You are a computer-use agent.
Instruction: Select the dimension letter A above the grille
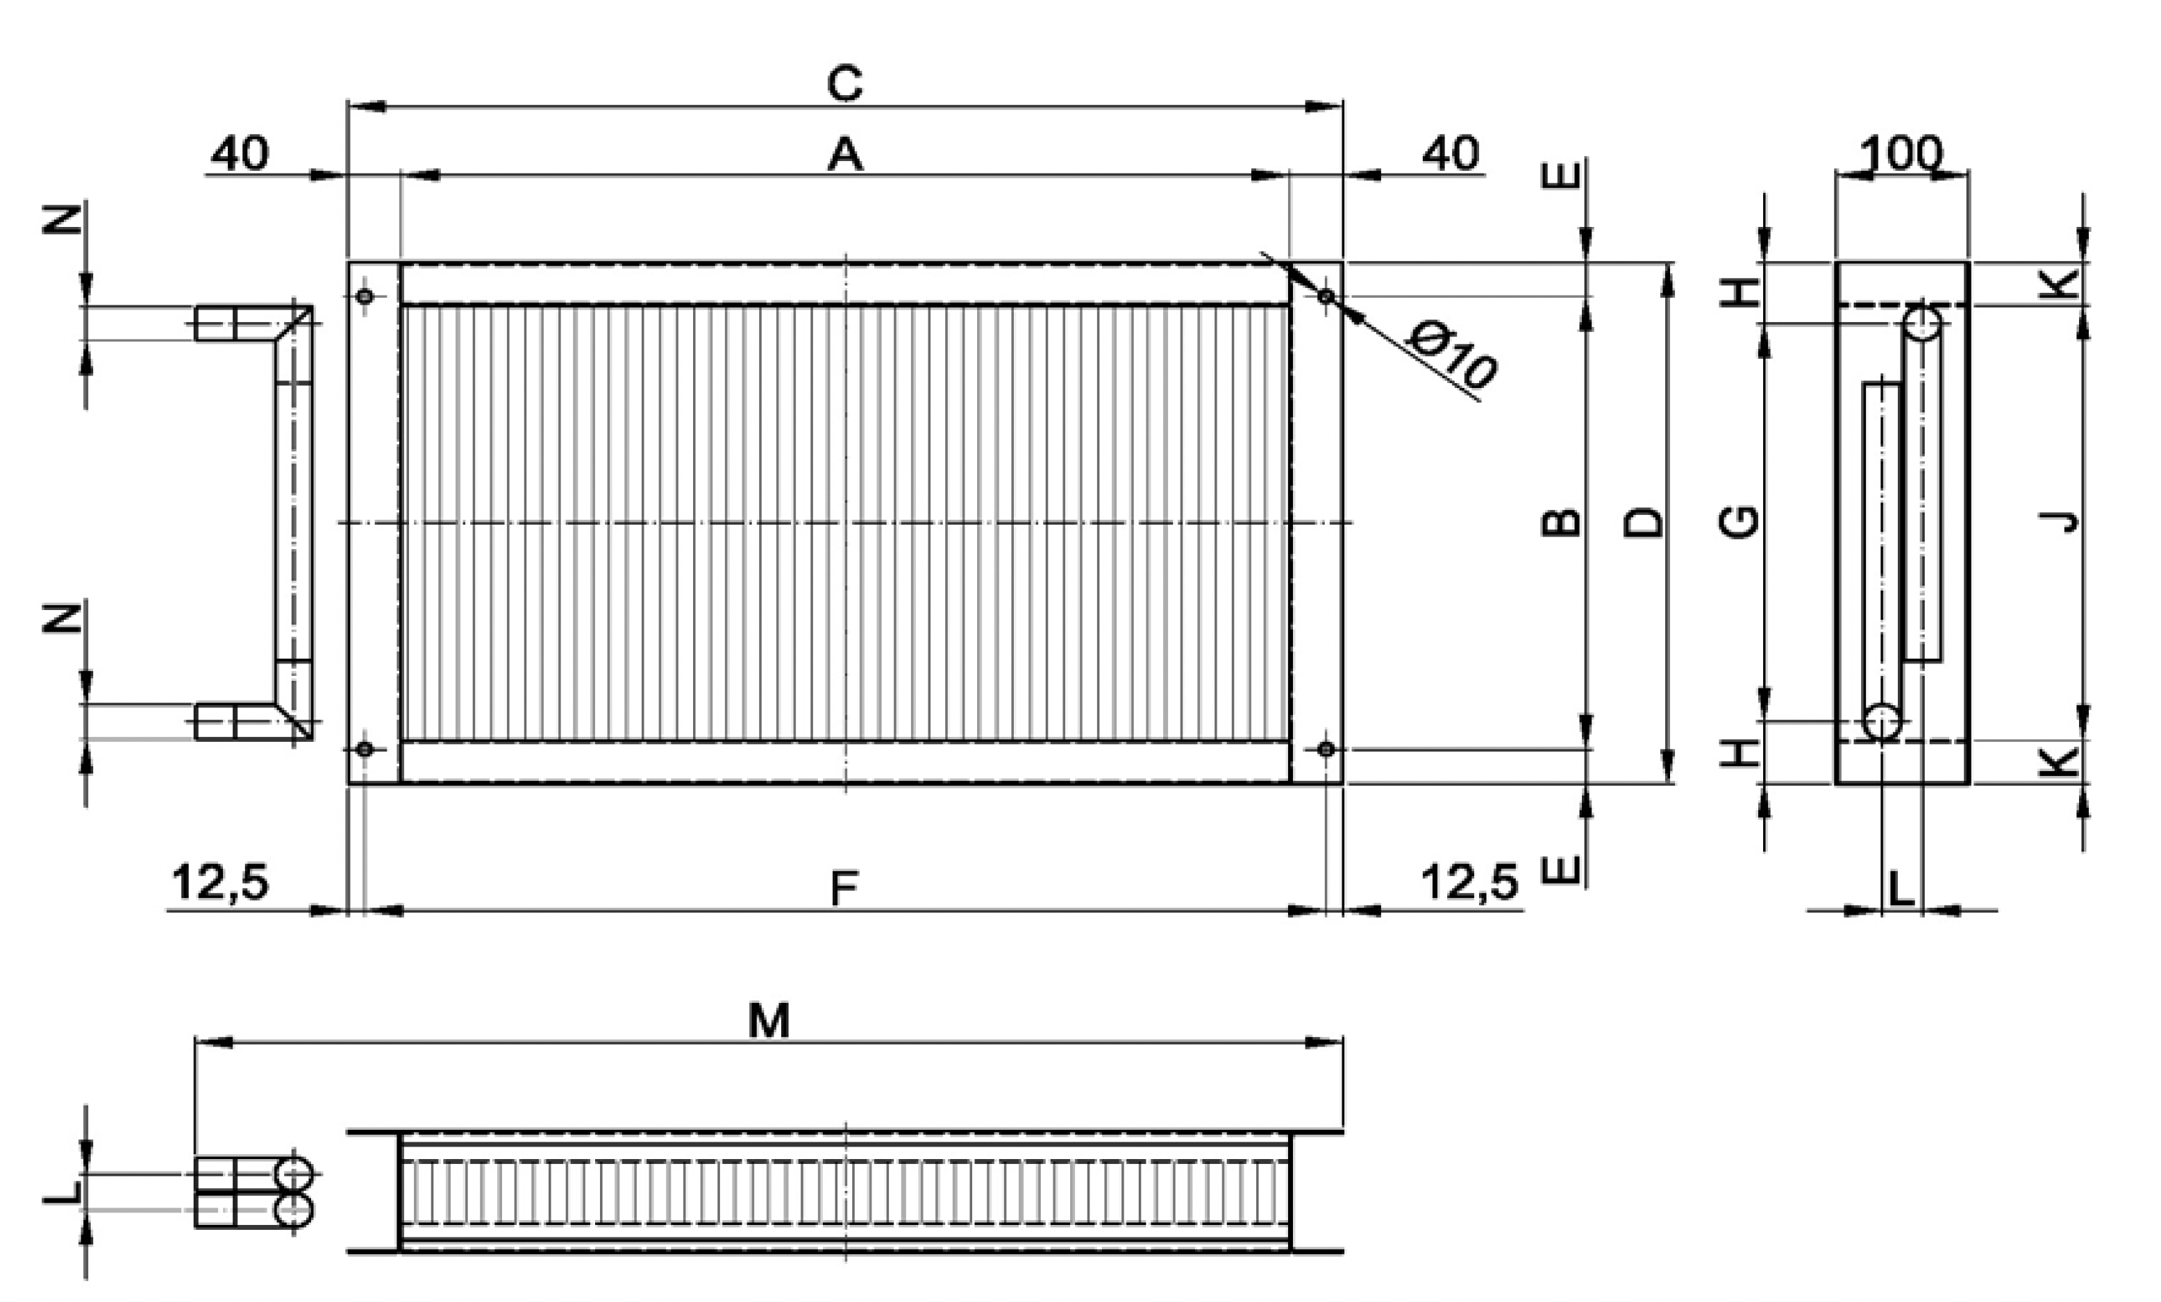click(844, 155)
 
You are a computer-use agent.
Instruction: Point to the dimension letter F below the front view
click(844, 889)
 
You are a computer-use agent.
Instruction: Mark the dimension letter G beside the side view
click(1740, 522)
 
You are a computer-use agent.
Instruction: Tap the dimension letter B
click(1562, 523)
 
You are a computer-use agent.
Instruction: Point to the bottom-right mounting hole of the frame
click(1326, 749)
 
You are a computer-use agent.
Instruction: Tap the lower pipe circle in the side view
click(1882, 722)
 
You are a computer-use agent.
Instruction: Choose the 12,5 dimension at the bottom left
click(220, 882)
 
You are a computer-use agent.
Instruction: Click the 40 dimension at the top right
click(1451, 154)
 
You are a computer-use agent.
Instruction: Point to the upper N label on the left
click(63, 219)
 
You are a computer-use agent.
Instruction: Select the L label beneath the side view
click(1901, 889)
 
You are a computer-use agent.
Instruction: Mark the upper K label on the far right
click(2061, 284)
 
